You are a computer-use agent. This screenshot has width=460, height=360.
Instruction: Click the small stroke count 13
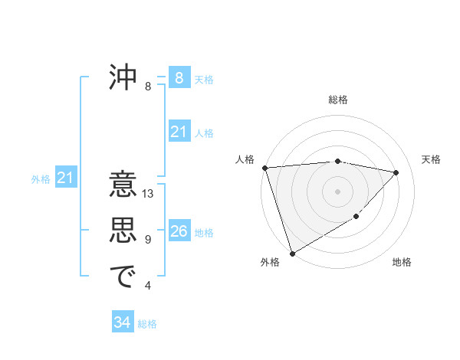[x=148, y=194]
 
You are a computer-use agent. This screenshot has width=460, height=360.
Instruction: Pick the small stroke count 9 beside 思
[x=148, y=240]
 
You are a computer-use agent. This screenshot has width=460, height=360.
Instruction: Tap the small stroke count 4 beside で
[x=148, y=286]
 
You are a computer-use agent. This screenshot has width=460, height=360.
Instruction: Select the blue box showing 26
[x=179, y=231]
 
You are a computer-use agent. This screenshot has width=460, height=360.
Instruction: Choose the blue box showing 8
[x=179, y=78]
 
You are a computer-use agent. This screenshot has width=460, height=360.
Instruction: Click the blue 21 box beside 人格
[x=179, y=132]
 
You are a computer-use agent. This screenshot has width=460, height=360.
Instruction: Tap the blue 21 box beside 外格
[x=66, y=178]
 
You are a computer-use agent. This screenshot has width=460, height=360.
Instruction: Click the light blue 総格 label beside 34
[x=147, y=324]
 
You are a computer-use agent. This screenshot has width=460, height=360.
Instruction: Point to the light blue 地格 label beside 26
[x=205, y=233]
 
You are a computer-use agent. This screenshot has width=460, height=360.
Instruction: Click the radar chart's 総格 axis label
[x=338, y=100]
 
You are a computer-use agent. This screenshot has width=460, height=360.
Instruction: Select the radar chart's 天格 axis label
[x=432, y=159]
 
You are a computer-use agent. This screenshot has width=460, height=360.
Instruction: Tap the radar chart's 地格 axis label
[x=402, y=262]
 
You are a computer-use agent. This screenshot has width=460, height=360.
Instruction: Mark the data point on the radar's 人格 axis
[x=264, y=168]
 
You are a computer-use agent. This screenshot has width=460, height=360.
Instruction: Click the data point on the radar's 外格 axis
[x=292, y=253]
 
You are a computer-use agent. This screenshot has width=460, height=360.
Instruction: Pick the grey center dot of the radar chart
[x=337, y=191]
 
